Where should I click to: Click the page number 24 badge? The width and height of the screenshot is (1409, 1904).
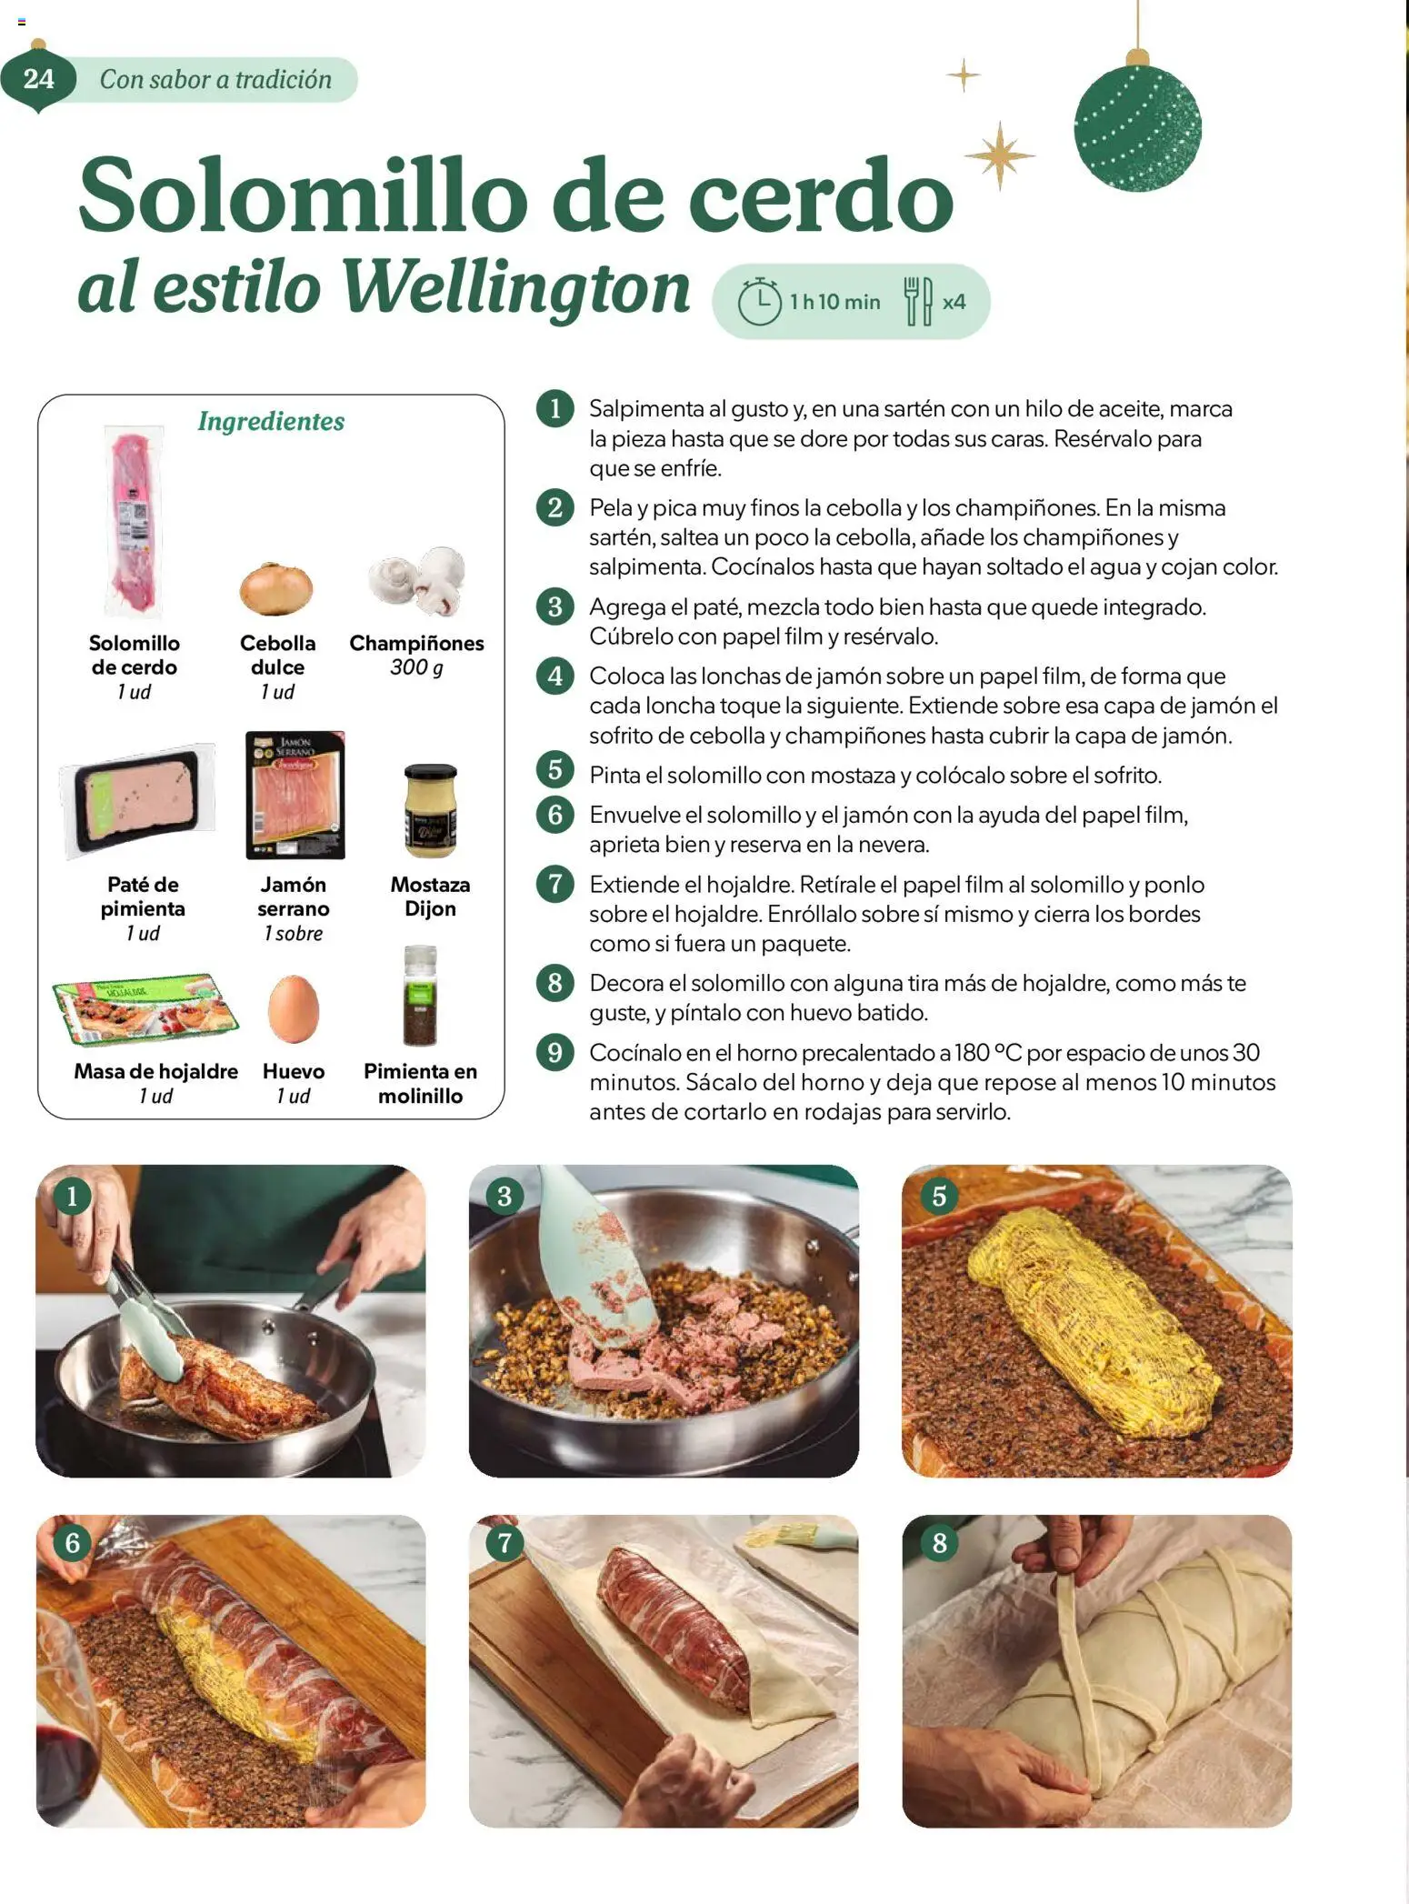[x=38, y=79]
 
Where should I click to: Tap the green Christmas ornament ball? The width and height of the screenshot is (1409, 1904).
[x=1136, y=127]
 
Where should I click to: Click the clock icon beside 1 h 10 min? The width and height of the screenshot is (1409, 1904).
[x=759, y=302]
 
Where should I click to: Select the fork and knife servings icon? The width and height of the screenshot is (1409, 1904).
[x=918, y=301]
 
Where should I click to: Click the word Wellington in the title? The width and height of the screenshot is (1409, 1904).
[x=515, y=287]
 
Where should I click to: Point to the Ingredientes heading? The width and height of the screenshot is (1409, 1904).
[x=271, y=421]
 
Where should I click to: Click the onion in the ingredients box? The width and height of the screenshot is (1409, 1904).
[x=276, y=588]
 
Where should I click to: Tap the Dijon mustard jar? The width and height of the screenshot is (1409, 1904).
[x=430, y=810]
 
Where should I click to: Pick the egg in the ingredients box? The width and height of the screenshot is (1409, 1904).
[x=293, y=1009]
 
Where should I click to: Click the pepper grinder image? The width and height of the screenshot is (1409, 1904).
[x=420, y=997]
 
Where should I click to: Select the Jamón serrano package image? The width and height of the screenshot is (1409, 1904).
[x=295, y=796]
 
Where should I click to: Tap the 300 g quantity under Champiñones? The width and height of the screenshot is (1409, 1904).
[x=416, y=667]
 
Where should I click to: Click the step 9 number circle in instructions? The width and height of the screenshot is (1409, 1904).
[x=555, y=1052]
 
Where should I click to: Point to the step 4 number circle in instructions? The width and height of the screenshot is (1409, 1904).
[x=555, y=676]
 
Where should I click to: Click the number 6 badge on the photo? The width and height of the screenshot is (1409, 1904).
[x=72, y=1542]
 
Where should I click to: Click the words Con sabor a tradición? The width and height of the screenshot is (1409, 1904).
[x=215, y=80]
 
